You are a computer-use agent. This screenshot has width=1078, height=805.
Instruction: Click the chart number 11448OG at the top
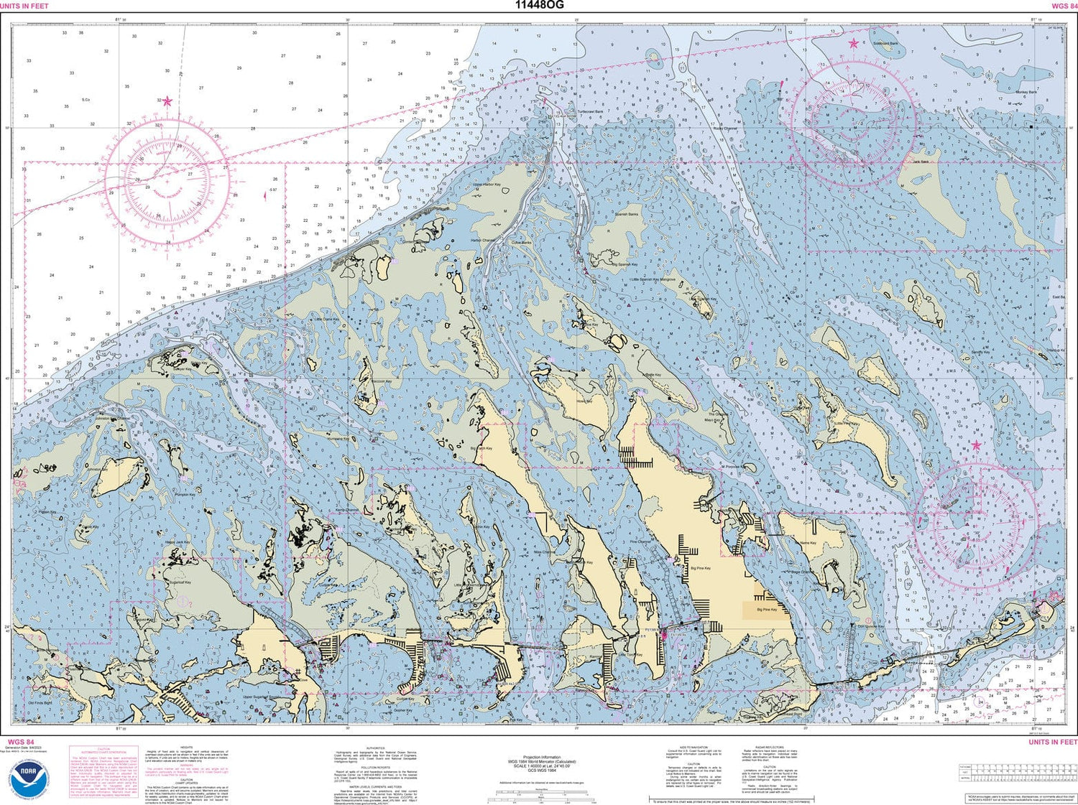539,5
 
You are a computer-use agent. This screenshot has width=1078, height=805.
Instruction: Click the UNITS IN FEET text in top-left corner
24,6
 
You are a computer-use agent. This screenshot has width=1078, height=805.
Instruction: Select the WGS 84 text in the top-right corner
1064,6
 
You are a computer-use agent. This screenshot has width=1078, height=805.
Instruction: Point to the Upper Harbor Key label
487,185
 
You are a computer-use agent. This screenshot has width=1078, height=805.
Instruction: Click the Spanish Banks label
626,214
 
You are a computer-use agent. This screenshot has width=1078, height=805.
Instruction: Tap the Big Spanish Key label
625,264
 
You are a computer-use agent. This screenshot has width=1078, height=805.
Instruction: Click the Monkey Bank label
1026,92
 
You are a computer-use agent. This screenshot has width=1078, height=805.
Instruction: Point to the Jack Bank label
920,162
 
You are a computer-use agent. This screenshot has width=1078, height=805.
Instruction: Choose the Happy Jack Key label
177,542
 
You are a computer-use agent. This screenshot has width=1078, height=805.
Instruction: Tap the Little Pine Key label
846,424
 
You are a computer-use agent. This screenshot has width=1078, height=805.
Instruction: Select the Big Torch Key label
482,448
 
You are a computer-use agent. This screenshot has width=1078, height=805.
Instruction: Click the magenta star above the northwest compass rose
167,101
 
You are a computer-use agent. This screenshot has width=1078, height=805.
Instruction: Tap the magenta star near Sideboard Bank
853,44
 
